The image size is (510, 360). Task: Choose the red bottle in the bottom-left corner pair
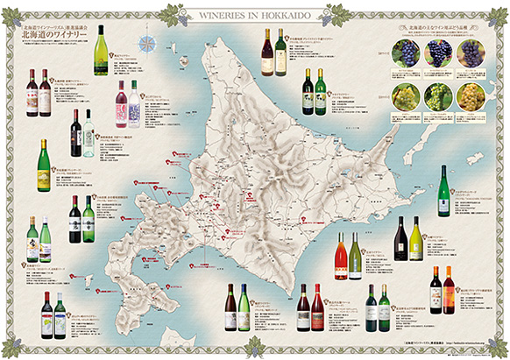click(x=46, y=312)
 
